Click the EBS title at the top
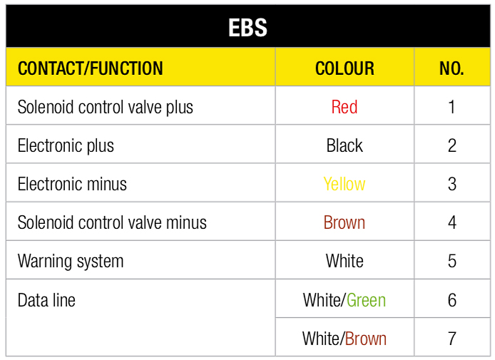pyautogui.click(x=247, y=28)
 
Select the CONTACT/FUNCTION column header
pyautogui.click(x=91, y=68)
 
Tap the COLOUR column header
pyautogui.click(x=345, y=68)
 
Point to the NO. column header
pyautogui.click(x=451, y=68)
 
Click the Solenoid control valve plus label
pyautogui.click(x=106, y=107)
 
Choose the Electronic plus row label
pyautogui.click(x=66, y=145)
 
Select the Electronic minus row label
pyautogui.click(x=72, y=184)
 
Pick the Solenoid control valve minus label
pyautogui.click(x=112, y=222)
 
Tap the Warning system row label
pyautogui.click(x=71, y=261)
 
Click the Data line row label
pyautogui.click(x=46, y=300)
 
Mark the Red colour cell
pyautogui.click(x=345, y=107)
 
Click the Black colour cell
pyautogui.click(x=345, y=145)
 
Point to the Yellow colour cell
pyautogui.click(x=345, y=184)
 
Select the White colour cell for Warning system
pyautogui.click(x=345, y=261)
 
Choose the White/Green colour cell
pyautogui.click(x=345, y=300)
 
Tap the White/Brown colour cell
pyautogui.click(x=345, y=338)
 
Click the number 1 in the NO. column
pyautogui.click(x=451, y=107)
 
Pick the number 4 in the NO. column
pyautogui.click(x=451, y=222)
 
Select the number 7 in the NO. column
pyautogui.click(x=451, y=338)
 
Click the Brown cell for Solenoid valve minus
pyautogui.click(x=345, y=222)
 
